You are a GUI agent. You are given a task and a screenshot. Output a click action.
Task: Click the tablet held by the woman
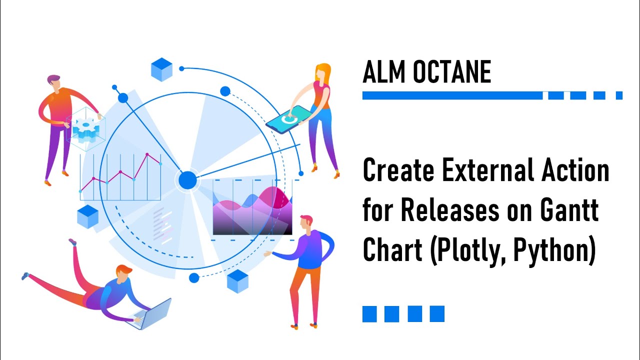click(286, 119)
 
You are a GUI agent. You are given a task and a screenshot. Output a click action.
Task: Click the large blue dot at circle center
click(188, 180)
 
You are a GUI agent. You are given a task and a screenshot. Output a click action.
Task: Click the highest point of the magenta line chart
click(147, 154)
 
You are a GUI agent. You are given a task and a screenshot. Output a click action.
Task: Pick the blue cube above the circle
click(161, 69)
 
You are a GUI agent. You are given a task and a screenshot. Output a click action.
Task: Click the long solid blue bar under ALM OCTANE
click(452, 95)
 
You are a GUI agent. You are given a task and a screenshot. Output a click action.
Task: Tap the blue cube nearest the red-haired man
click(237, 280)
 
